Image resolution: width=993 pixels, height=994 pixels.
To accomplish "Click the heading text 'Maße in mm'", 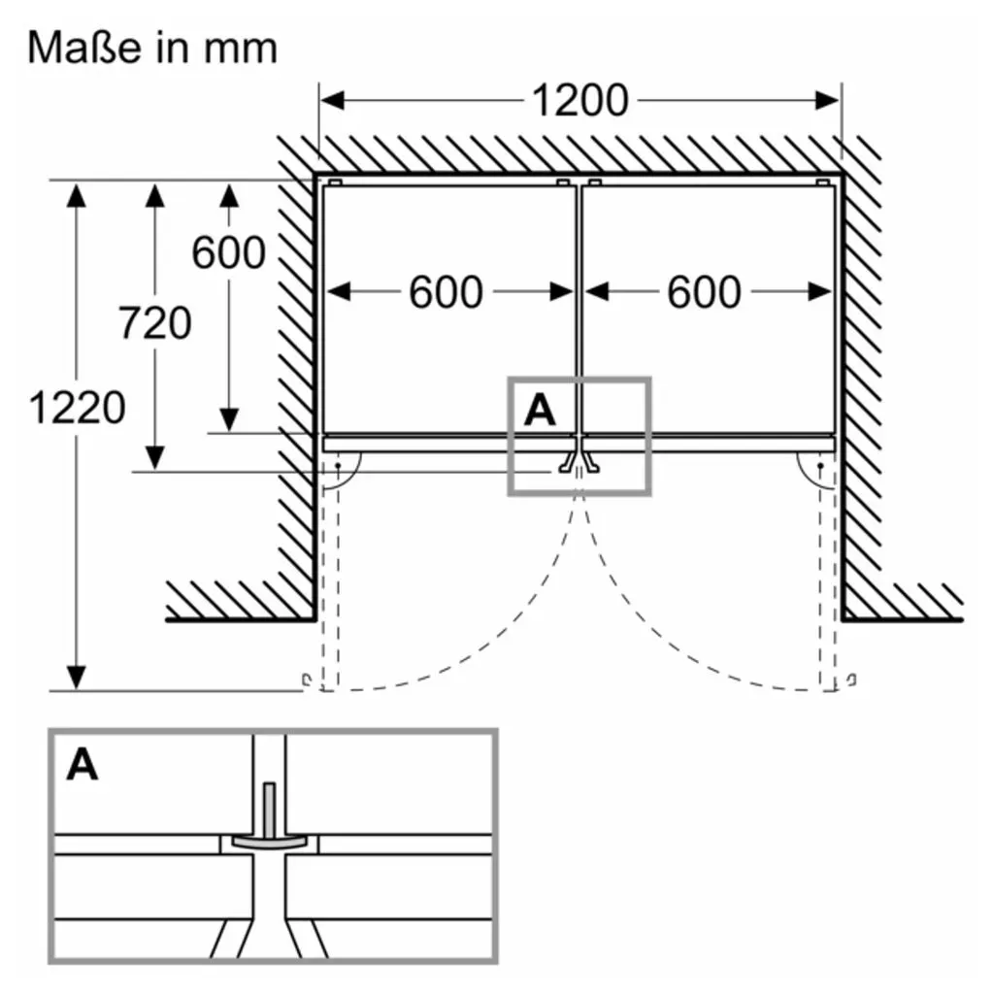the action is point(152,49).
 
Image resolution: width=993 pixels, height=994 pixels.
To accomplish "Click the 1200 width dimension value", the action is point(579,100).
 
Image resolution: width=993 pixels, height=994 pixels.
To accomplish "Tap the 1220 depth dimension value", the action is point(77,407).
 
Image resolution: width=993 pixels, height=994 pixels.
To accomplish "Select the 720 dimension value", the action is point(154,322).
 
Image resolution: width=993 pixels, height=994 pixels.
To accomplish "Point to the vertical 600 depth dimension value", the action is point(228,252).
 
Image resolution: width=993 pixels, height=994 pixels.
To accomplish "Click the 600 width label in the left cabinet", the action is point(446,292).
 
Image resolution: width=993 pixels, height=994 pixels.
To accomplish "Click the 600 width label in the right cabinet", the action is point(704,292).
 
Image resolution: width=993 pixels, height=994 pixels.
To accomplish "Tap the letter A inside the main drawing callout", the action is point(540,411).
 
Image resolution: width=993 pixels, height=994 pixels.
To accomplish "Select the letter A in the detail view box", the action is point(83,765).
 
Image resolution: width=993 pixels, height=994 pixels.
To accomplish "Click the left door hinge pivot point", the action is point(338,466).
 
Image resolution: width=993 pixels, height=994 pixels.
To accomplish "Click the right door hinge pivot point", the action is point(820,466).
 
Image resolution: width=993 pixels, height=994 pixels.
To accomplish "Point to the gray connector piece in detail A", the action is point(270,817).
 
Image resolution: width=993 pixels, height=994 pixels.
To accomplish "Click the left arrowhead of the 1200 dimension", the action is point(332,100).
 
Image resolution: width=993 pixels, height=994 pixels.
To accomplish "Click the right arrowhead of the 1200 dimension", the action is point(827,100).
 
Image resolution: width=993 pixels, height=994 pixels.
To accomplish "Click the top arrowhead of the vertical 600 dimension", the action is point(229,196).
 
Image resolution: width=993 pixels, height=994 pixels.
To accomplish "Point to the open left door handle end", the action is point(307,680).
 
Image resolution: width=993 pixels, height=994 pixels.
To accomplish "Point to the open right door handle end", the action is point(851,680).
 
